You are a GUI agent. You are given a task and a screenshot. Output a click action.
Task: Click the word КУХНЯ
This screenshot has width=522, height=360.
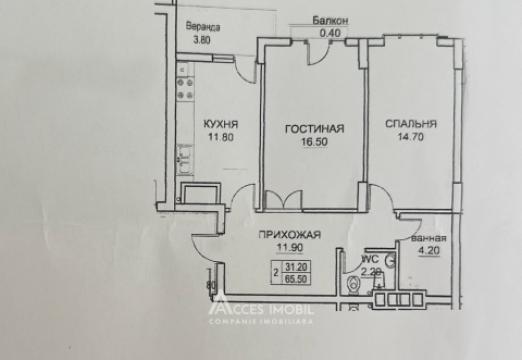click(x=220, y=124)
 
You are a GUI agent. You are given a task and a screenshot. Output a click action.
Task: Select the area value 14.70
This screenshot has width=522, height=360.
click(x=409, y=138)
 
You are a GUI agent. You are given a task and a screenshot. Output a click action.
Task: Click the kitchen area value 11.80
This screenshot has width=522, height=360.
click(x=220, y=138)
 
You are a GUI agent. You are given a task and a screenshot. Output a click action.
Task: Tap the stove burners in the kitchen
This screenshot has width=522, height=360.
click(x=183, y=76)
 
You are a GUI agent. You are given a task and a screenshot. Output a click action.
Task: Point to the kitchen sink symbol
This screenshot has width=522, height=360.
click(x=184, y=156)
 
